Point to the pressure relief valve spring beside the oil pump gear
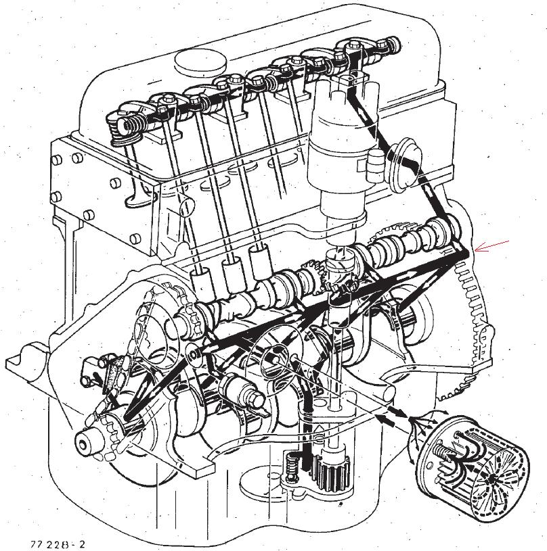click(291, 466)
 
